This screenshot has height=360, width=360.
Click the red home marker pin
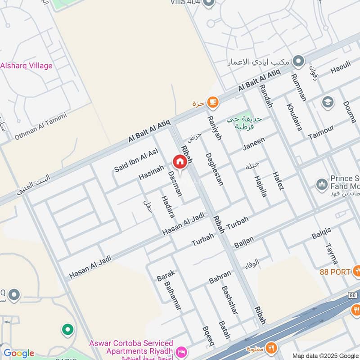click(x=180, y=162)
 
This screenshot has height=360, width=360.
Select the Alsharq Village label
click(x=26, y=66)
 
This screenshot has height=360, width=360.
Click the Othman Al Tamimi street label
click(x=41, y=126)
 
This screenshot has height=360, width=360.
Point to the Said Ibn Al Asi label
click(x=136, y=161)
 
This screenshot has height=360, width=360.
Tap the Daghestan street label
click(x=214, y=169)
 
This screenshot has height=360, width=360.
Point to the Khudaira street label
click(x=294, y=117)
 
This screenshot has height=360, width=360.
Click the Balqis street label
click(x=321, y=233)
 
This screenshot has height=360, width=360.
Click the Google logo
click(x=18, y=353)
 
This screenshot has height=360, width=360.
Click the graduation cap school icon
click(x=328, y=102)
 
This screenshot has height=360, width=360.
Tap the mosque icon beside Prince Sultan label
click(x=321, y=184)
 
